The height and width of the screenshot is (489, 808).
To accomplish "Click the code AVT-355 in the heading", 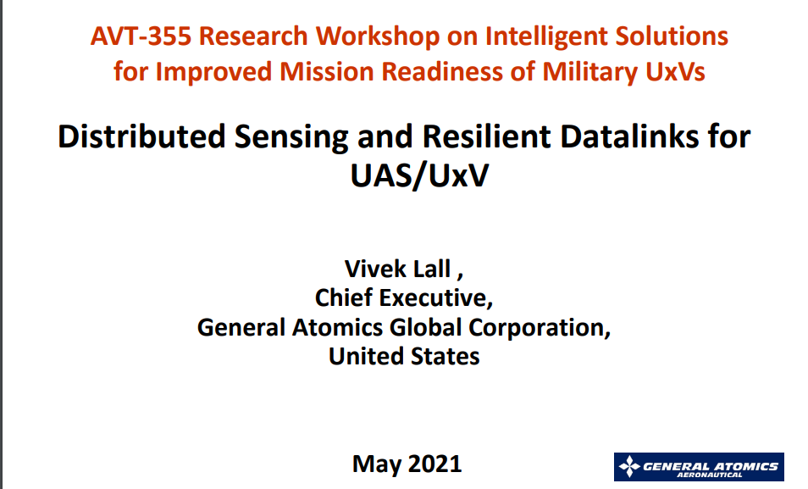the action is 141,36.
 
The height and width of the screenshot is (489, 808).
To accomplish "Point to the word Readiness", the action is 441,71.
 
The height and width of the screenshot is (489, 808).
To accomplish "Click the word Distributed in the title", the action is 141,136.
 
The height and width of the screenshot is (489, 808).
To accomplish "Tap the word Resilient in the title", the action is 486,136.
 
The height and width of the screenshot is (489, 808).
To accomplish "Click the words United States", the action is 404,357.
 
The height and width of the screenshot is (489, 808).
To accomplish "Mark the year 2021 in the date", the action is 435,464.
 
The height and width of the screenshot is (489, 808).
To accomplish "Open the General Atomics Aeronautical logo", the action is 699,467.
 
